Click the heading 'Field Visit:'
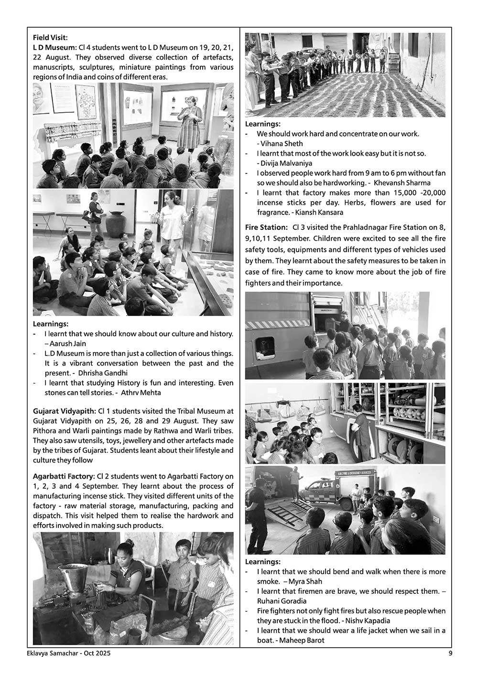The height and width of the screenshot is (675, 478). pos(50,37)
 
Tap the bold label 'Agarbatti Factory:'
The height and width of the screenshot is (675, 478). pos(63,476)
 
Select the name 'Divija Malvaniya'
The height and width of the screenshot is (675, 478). pos(286,163)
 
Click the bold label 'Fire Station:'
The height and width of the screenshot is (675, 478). pos(266,228)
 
